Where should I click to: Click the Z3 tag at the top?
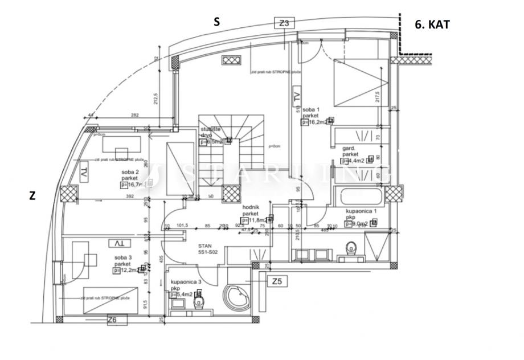(x=285, y=23)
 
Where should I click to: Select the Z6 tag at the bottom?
(x=112, y=321)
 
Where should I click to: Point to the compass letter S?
(x=216, y=22)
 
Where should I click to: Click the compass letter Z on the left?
(x=32, y=196)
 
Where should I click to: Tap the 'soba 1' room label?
(x=311, y=109)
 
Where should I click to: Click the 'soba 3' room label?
(x=122, y=257)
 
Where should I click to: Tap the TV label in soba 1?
(x=296, y=97)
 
